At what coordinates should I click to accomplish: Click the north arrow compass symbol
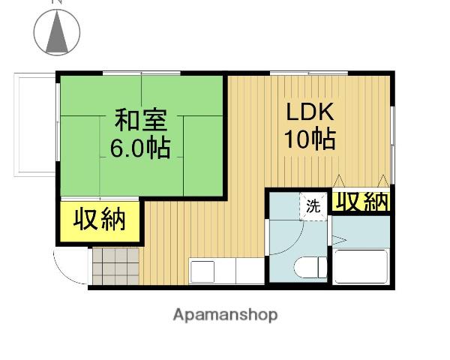click(x=57, y=32)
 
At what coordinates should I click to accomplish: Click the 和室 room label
click(x=141, y=119)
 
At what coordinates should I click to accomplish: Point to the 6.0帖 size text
click(x=140, y=148)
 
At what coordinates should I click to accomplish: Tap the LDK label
click(x=310, y=112)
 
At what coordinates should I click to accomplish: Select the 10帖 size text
click(x=310, y=139)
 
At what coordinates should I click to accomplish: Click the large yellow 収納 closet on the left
click(x=100, y=221)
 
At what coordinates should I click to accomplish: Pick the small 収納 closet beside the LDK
click(x=361, y=202)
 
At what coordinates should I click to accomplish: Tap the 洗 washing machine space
click(x=313, y=206)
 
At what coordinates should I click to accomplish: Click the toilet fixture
click(x=310, y=267)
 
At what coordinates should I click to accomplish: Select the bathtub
click(x=361, y=266)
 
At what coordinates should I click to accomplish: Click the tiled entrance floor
click(x=115, y=266)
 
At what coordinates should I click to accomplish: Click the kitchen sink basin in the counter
click(x=202, y=271)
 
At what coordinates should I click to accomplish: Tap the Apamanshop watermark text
click(x=225, y=315)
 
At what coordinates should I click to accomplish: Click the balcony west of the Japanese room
click(x=34, y=124)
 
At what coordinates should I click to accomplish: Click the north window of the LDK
click(x=309, y=73)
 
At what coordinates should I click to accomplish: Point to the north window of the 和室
click(x=142, y=73)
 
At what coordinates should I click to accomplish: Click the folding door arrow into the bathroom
click(x=339, y=240)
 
